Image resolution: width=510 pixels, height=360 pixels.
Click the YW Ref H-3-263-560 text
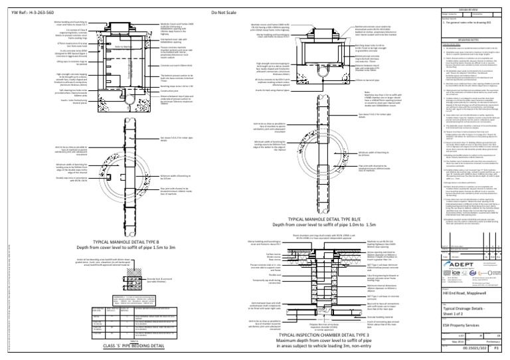29,12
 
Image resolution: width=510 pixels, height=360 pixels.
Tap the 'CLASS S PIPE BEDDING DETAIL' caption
108,346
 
